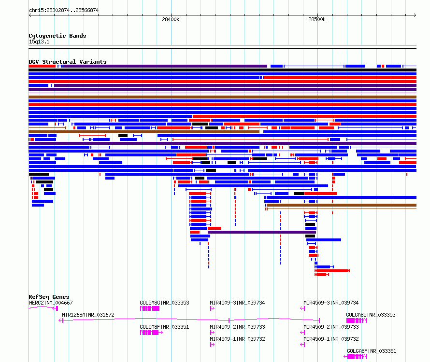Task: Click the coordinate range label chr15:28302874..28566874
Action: [64, 10]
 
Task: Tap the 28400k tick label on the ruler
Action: [171, 19]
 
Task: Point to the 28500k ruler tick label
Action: [317, 19]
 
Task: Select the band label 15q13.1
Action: [39, 42]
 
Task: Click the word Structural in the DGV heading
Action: [59, 62]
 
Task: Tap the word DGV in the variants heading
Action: [34, 62]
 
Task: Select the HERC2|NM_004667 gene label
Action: [51, 303]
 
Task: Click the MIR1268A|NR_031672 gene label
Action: [88, 315]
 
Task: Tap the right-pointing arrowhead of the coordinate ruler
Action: [415, 15]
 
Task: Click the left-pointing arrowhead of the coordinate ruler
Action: [30, 15]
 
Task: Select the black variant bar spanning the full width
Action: [222, 70]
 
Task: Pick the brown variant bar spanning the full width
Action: [222, 97]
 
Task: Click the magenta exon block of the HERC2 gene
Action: [57, 308]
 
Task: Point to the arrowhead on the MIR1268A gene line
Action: [60, 320]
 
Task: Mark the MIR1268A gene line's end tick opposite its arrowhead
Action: [319, 320]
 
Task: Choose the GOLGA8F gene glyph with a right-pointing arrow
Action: [151, 333]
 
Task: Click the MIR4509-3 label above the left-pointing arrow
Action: [331, 303]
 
